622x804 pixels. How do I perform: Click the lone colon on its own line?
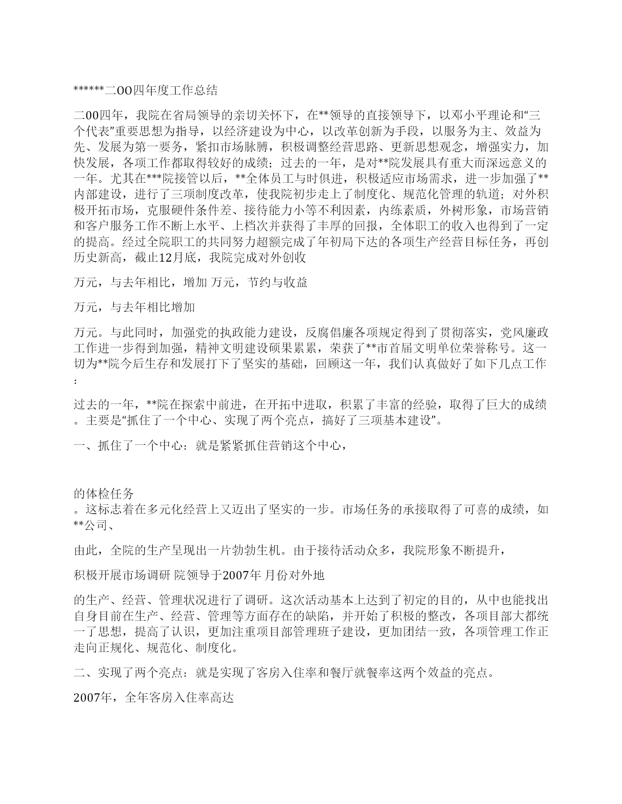[x=75, y=381]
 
